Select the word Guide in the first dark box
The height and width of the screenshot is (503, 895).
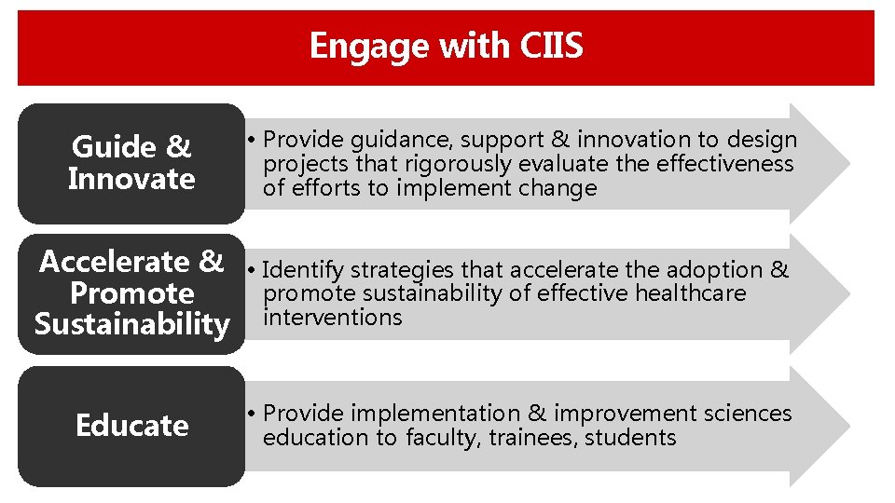[x=104, y=147]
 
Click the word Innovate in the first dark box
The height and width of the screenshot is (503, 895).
[x=131, y=179]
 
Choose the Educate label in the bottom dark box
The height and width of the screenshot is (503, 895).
[x=131, y=426]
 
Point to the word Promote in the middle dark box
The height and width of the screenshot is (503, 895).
[x=131, y=293]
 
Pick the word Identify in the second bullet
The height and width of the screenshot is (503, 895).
[x=303, y=270]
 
